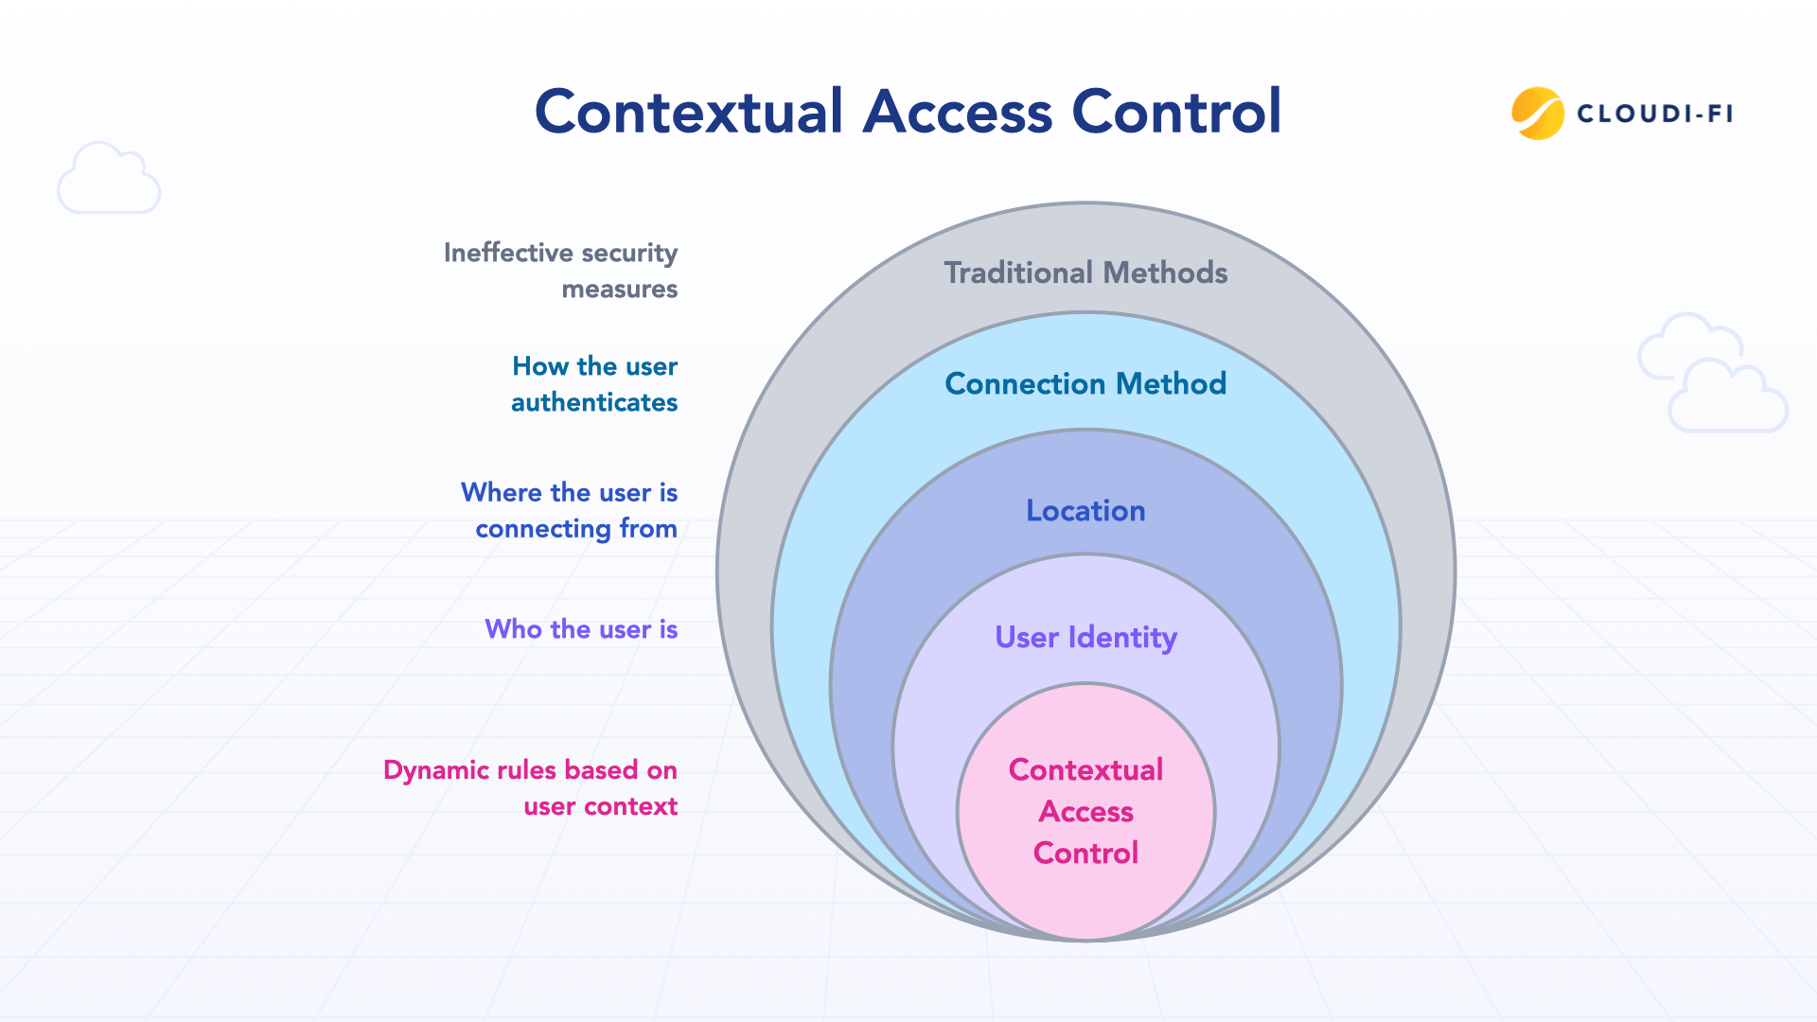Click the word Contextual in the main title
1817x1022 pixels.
688,112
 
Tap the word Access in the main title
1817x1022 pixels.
957,112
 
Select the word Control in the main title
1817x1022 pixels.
1176,112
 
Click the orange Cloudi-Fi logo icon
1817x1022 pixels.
1537,114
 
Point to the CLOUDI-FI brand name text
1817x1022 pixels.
1654,115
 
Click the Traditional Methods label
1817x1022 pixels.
1085,273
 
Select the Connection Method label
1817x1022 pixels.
1085,383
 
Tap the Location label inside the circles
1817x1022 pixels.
1085,511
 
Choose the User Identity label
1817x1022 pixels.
1085,637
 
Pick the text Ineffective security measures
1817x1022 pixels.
561,271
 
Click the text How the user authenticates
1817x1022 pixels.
594,384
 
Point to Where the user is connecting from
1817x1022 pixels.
570,510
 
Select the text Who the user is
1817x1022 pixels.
581,629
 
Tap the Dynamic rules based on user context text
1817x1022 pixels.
531,787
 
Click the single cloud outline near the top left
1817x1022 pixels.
109,179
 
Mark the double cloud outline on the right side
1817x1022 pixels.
1712,374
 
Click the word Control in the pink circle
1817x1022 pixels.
1085,853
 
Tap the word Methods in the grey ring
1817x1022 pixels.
1165,273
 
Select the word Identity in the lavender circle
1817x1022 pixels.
1122,637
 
